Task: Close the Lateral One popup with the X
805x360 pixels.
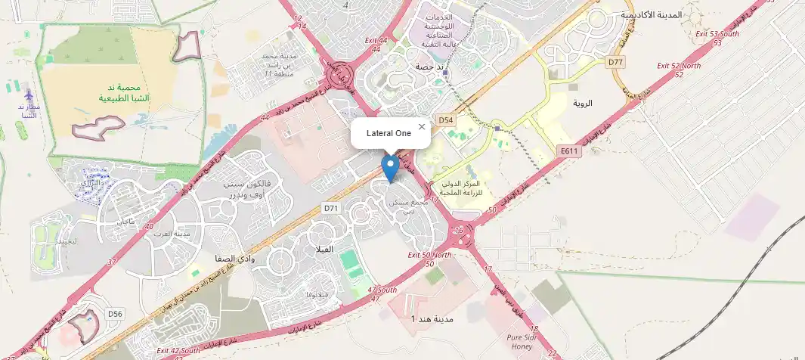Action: (422, 126)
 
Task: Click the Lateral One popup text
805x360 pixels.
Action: (389, 133)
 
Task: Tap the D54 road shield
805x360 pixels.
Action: (446, 120)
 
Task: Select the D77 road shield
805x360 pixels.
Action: (615, 61)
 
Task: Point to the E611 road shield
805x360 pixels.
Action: (569, 151)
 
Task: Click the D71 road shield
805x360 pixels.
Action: (331, 207)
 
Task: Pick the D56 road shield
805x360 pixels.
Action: (115, 313)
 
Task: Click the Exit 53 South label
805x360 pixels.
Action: (717, 34)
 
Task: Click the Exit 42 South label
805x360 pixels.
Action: (178, 351)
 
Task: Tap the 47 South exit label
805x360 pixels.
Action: (382, 290)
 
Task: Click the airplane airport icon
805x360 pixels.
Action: (29, 96)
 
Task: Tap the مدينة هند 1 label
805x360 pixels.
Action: (432, 319)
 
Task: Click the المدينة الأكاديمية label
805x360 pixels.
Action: (650, 14)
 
